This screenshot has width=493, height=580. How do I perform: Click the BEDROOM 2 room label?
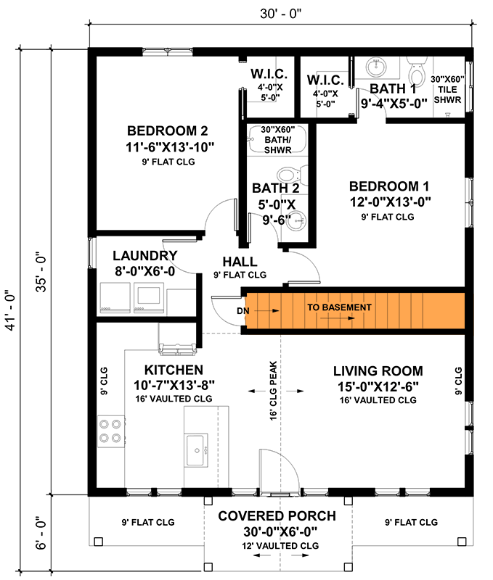(x=168, y=131)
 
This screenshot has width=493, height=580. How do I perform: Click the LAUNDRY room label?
(x=145, y=256)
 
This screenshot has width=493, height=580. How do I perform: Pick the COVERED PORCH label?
(x=277, y=516)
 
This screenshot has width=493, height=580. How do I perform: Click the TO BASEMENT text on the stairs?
(x=338, y=307)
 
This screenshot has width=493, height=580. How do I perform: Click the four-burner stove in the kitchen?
(x=110, y=430)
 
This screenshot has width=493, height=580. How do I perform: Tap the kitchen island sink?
(x=197, y=450)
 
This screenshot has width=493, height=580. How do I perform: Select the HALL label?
(x=240, y=262)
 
